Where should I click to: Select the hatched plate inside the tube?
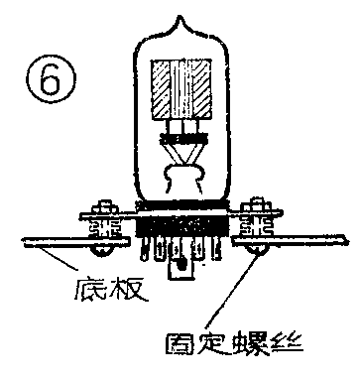(180, 89)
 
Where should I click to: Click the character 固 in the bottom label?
(181, 347)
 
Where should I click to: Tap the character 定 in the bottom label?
(217, 347)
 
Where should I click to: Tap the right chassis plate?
(298, 241)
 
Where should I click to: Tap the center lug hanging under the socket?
(180, 265)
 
